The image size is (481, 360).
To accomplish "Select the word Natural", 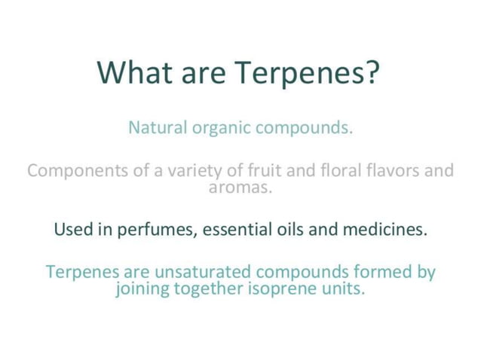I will (x=158, y=127).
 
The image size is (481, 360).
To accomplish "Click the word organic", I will (x=221, y=128).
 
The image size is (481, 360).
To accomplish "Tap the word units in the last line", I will (x=344, y=288).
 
